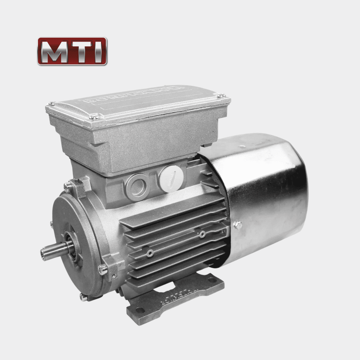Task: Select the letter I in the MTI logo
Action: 98,51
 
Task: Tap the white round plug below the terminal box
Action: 171,179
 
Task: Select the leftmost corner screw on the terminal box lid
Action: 51,104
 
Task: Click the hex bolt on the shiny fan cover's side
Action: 238,225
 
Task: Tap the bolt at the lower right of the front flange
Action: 103,269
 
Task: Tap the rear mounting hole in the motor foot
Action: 211,280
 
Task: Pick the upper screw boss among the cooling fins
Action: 202,234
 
